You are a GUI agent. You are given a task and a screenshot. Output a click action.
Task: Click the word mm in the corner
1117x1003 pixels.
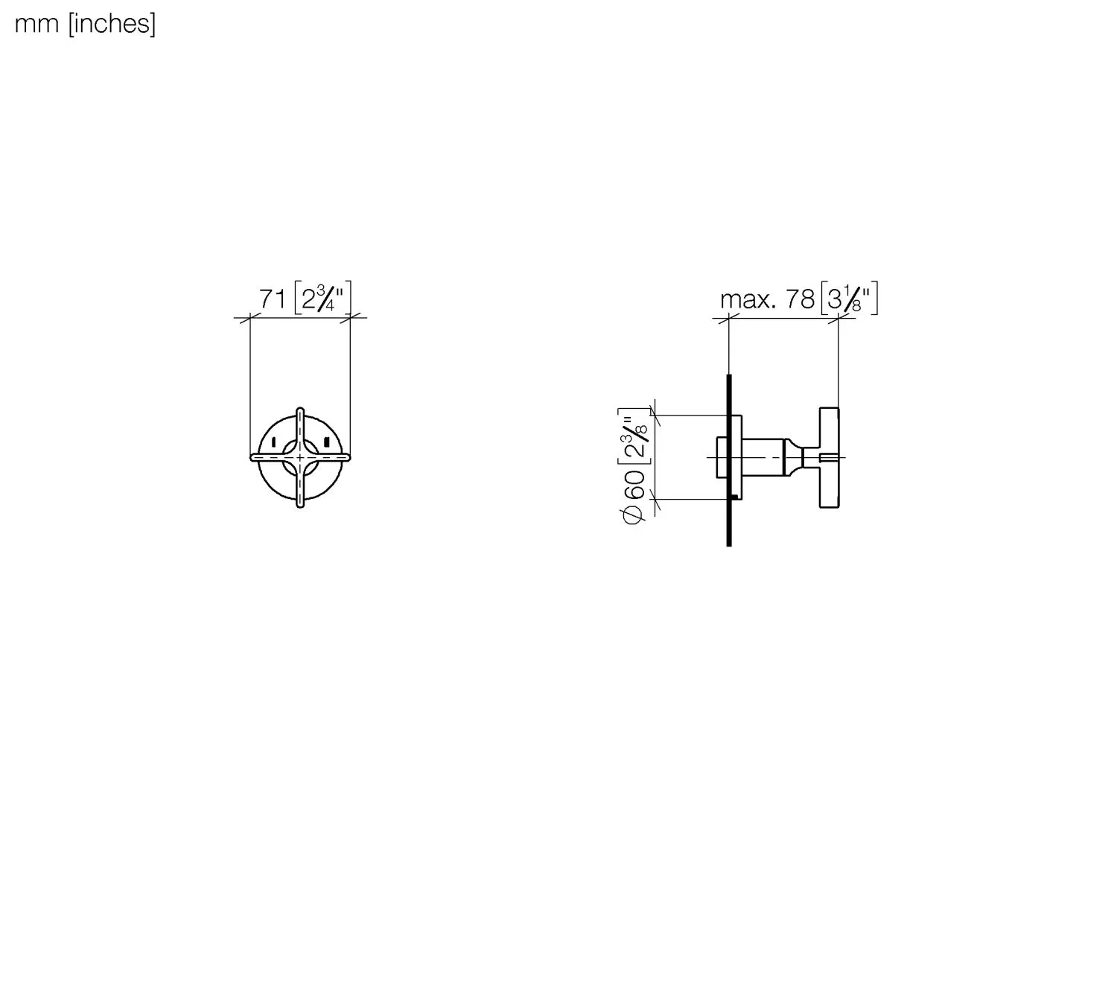tap(36, 25)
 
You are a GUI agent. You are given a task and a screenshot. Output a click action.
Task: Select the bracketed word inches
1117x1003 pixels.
tap(112, 25)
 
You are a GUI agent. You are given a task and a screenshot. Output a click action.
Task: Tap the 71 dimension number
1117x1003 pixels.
tap(273, 299)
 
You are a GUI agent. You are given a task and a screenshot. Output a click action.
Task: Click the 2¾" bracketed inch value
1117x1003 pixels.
tap(323, 298)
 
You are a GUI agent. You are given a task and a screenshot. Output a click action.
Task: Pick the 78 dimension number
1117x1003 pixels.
tap(800, 299)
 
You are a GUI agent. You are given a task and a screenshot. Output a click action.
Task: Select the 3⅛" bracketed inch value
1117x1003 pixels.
tap(849, 298)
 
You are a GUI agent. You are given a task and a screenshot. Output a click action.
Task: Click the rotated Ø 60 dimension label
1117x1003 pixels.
tap(634, 497)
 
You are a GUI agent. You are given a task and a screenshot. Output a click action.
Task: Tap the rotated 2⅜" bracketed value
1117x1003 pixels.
tap(634, 436)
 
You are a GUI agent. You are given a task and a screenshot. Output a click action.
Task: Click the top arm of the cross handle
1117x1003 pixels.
tap(300, 428)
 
